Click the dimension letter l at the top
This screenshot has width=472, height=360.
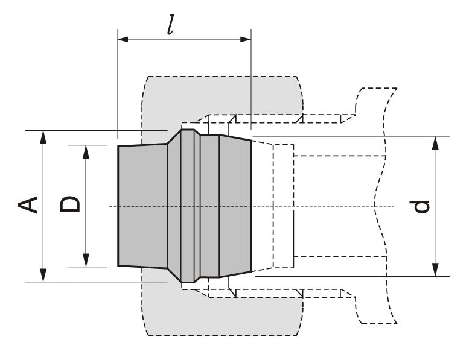[x=171, y=24]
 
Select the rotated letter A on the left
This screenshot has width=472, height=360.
[x=28, y=204]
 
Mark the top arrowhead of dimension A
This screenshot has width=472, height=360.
[x=42, y=136]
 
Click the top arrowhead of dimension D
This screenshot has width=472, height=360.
[x=86, y=150]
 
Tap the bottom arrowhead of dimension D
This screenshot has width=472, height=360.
[x=86, y=261]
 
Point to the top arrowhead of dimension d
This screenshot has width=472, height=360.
[x=435, y=142]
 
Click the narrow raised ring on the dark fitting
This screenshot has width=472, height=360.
[x=188, y=206]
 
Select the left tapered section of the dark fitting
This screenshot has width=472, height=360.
[x=142, y=206]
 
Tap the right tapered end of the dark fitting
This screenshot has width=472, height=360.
[x=235, y=206]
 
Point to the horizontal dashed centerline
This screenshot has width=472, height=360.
[x=332, y=206]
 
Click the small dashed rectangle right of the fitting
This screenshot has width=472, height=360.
[x=283, y=206]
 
